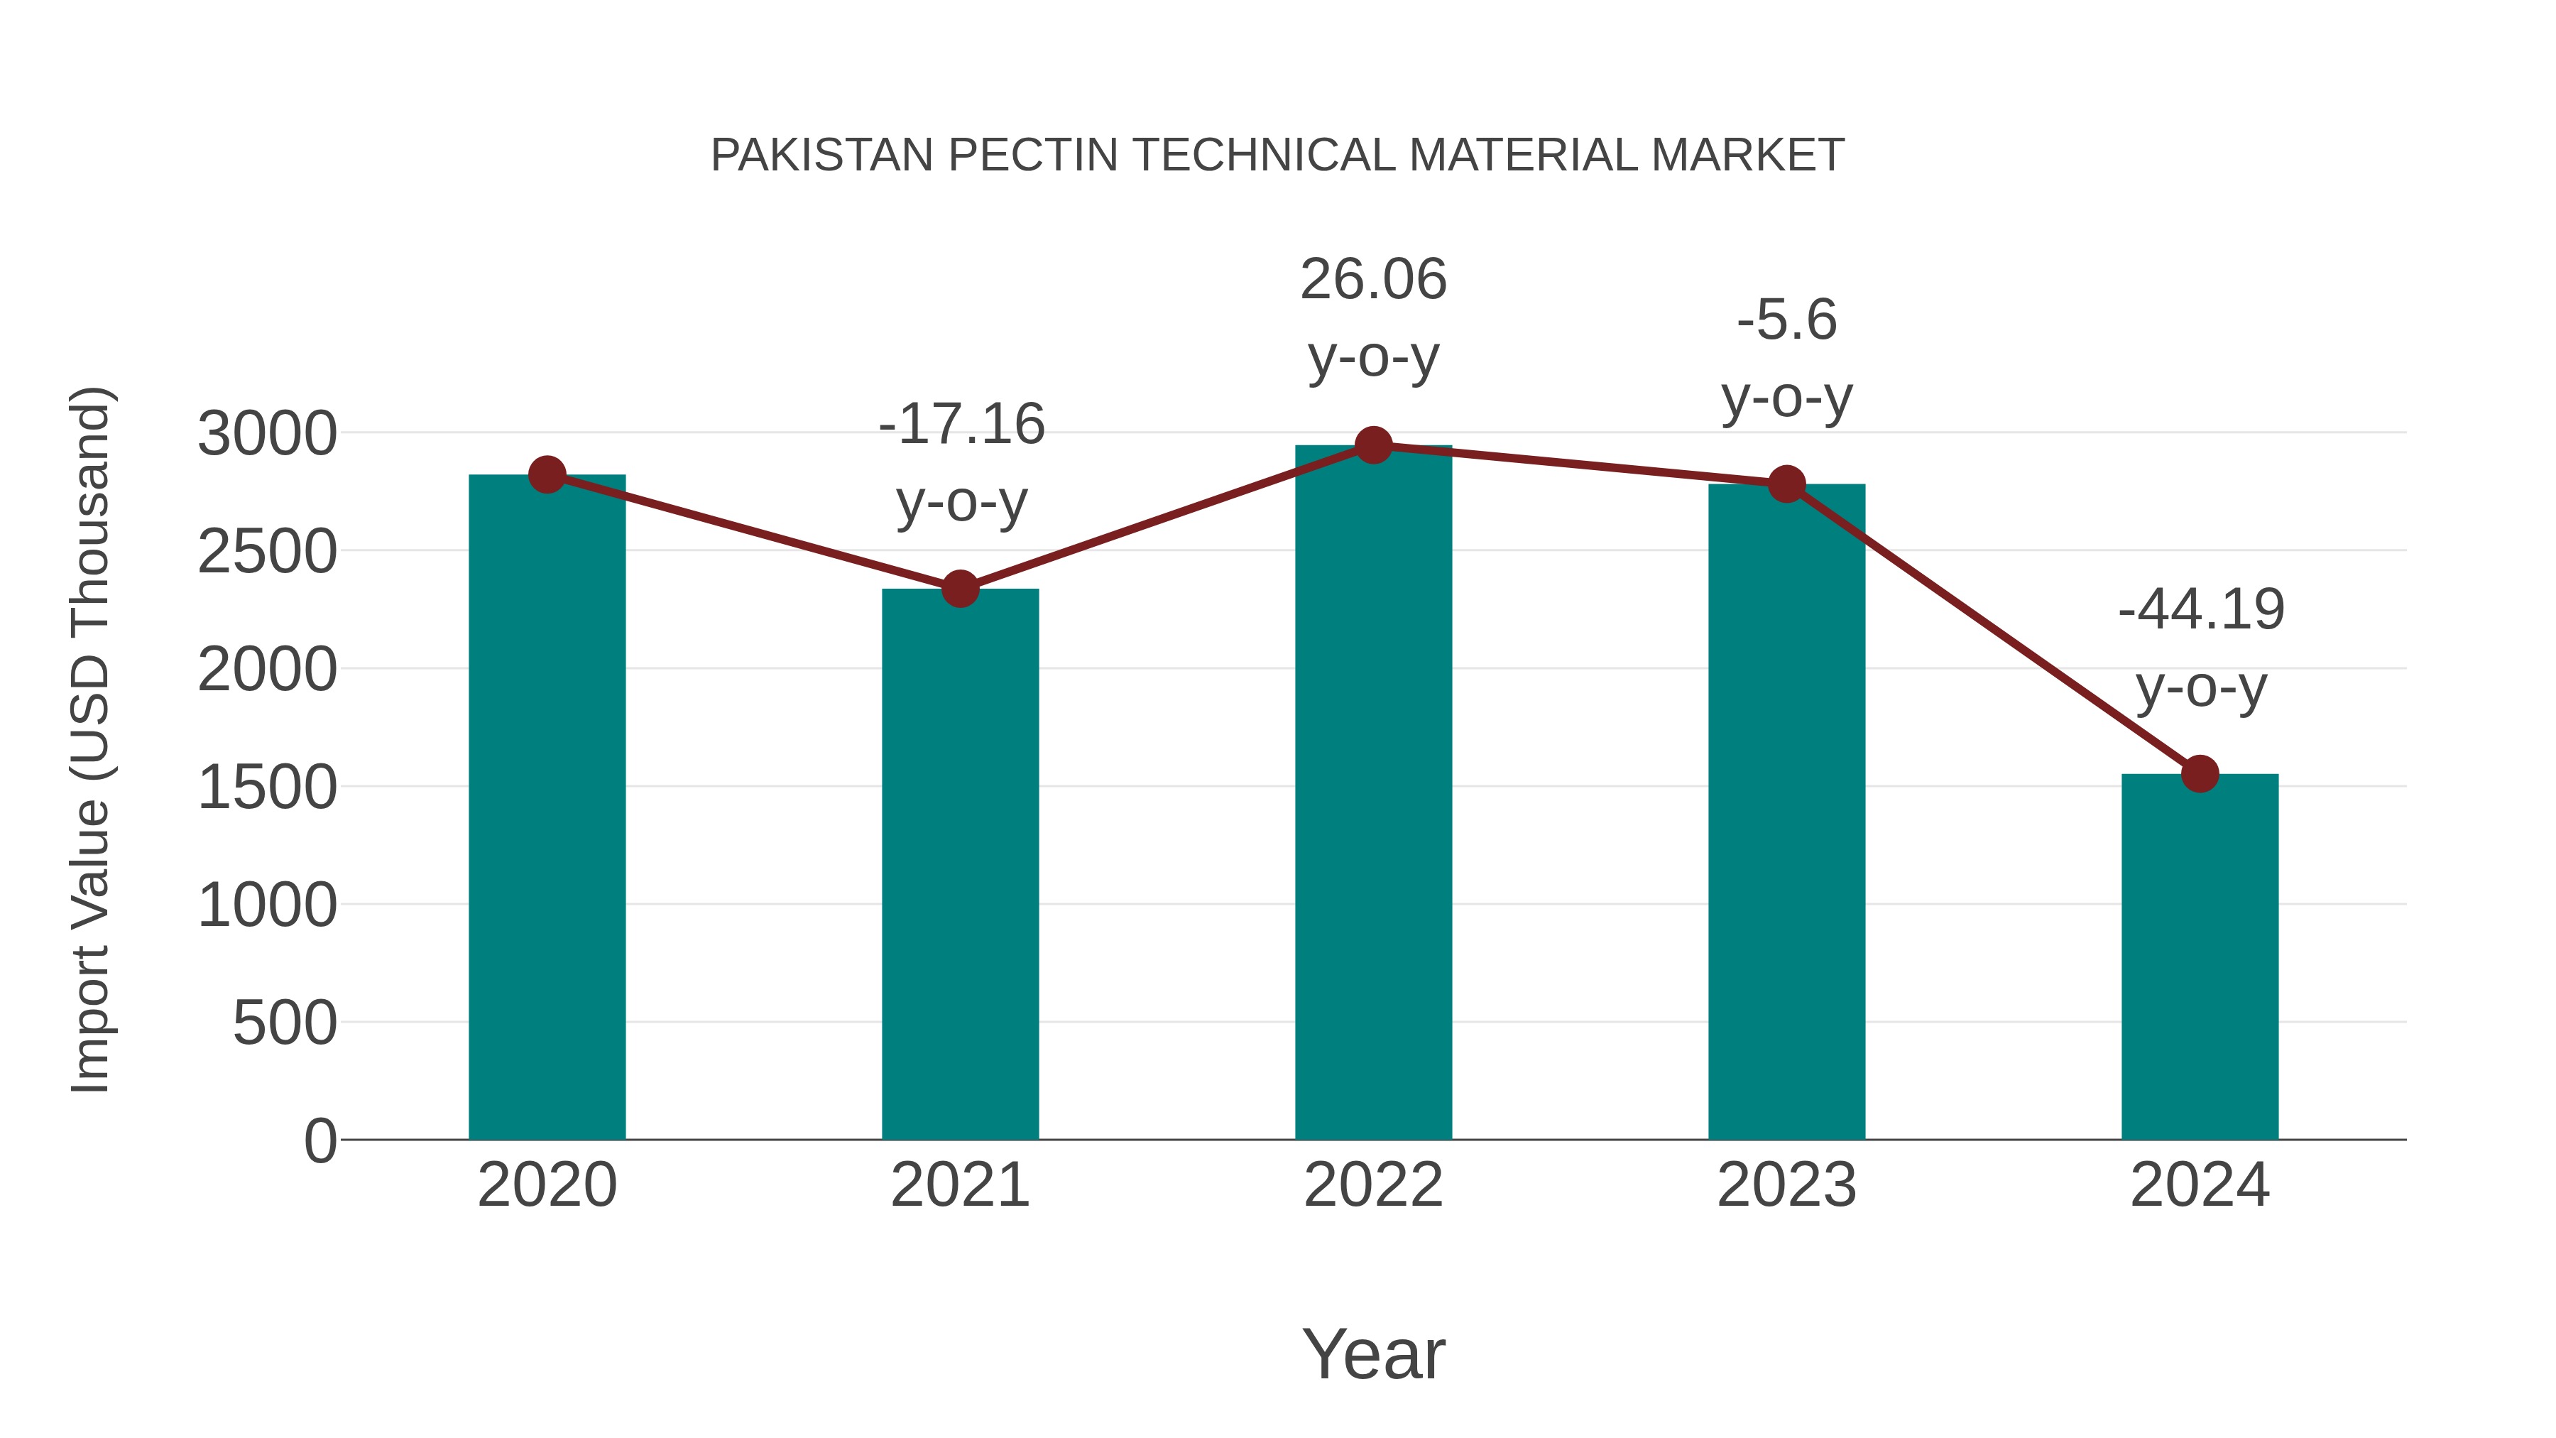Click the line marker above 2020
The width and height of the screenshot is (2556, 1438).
547,474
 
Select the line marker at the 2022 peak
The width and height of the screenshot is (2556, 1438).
1373,445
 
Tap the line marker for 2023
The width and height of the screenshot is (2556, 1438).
1786,484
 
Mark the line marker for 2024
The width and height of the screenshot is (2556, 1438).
2200,773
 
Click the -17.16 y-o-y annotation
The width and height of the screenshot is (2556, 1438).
961,425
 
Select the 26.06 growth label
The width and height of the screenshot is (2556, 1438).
1373,280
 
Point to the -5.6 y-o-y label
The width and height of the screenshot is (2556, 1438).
1786,320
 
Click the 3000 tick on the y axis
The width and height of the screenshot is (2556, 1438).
267,434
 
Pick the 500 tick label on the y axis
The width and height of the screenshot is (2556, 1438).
285,1023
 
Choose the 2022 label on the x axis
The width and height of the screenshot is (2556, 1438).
1373,1185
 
